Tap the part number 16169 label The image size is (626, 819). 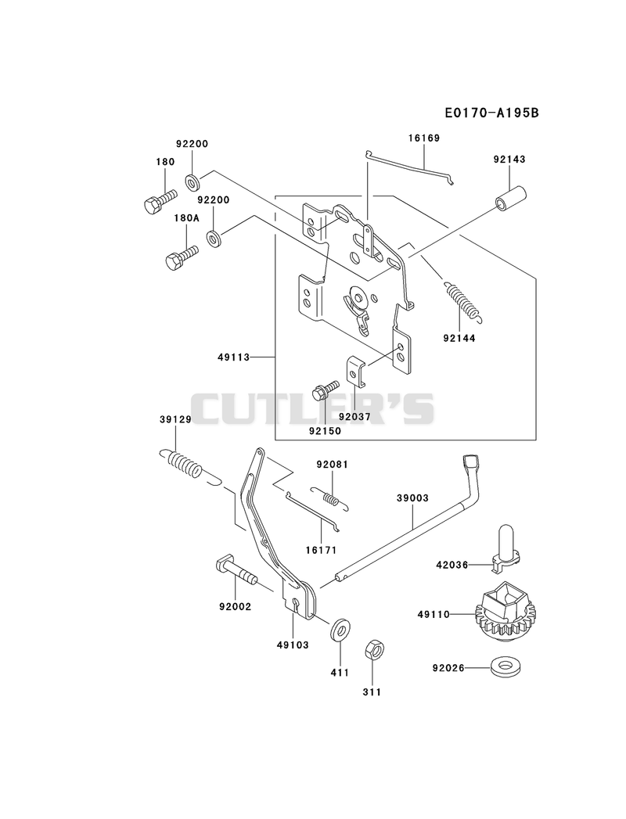424,138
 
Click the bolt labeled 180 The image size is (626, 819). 160,201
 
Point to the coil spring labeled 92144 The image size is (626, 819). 464,300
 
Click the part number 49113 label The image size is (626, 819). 233,357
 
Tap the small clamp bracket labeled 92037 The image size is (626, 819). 356,371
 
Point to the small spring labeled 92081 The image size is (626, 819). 329,498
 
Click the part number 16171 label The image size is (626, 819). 321,550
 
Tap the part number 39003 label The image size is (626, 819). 412,498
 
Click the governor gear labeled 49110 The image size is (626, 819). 505,612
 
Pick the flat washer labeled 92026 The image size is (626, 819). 505,666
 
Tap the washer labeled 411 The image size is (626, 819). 340,629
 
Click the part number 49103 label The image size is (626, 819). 293,645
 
